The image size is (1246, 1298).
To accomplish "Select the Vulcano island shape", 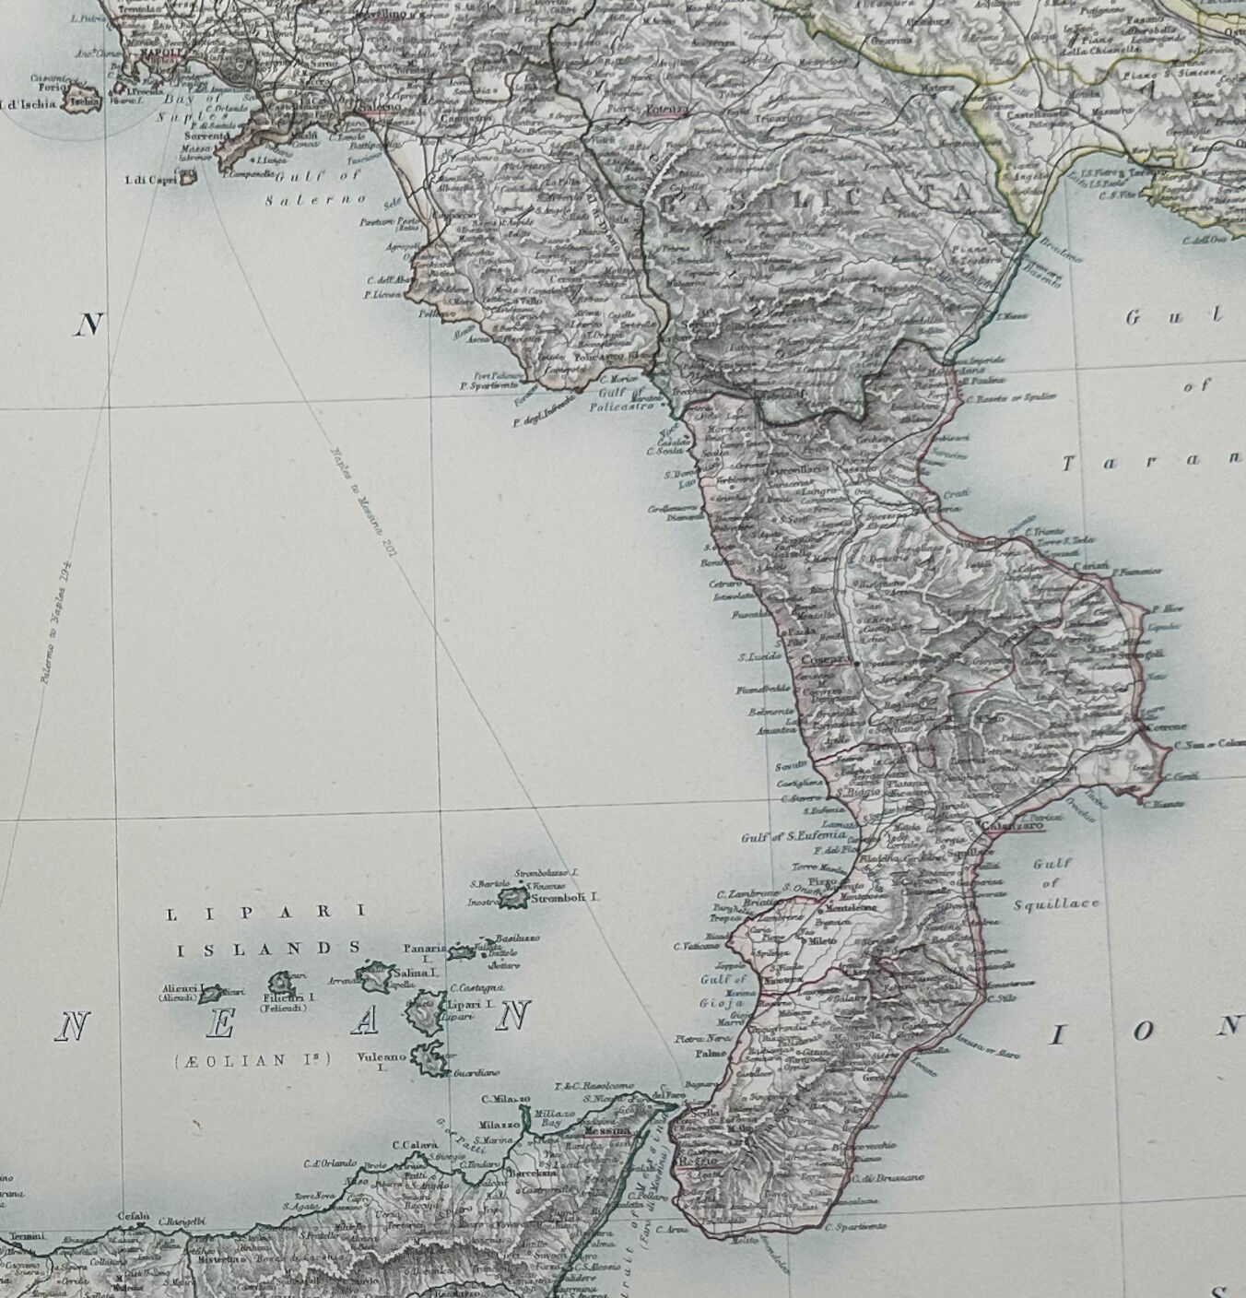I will (429, 1061).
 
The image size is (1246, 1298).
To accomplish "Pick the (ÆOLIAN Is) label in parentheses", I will (251, 1060).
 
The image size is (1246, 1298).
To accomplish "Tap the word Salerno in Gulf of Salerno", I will (330, 198).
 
